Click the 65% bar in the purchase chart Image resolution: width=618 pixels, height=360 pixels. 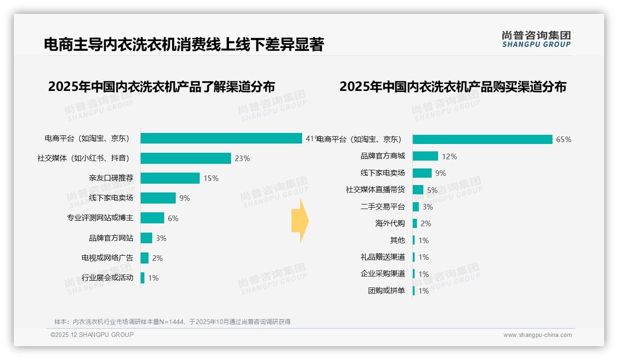(x=482, y=139)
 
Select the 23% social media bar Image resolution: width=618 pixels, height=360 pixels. (x=186, y=158)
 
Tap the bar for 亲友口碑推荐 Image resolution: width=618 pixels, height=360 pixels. (x=170, y=178)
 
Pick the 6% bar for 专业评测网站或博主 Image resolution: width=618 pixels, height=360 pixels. (x=153, y=218)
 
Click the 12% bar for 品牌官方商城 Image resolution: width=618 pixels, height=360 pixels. (x=425, y=156)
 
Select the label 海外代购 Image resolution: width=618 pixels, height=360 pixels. (x=390, y=223)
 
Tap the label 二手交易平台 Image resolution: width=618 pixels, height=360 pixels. (x=383, y=207)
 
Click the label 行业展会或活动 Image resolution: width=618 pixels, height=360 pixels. (x=107, y=277)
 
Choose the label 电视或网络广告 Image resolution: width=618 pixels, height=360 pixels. (x=107, y=258)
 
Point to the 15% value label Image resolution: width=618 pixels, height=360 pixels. (x=211, y=178)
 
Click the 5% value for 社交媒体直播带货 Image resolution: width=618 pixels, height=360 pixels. (x=432, y=190)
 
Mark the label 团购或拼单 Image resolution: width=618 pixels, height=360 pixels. (x=386, y=291)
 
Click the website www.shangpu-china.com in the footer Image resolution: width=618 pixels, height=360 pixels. (x=537, y=335)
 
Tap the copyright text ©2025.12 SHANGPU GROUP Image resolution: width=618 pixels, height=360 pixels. (x=92, y=335)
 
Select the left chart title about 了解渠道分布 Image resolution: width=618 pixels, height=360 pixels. (x=161, y=87)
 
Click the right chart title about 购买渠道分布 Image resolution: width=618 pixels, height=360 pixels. (x=453, y=87)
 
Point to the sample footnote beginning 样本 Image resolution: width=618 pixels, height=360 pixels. (x=172, y=322)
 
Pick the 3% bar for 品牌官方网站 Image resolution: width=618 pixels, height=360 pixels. (x=147, y=238)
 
